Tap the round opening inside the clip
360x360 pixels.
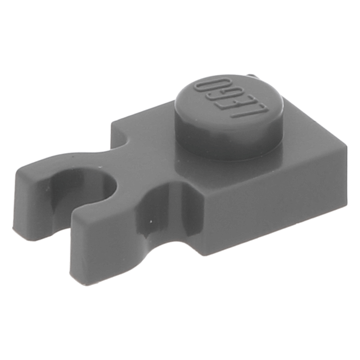94,190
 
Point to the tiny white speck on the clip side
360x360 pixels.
151,222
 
